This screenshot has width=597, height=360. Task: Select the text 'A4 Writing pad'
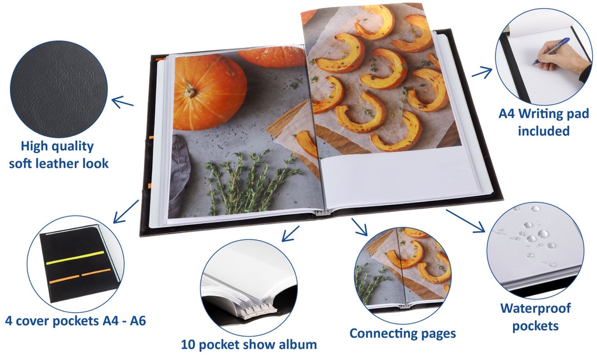pyautogui.click(x=544, y=114)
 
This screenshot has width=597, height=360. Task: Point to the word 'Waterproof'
pyautogui.click(x=536, y=308)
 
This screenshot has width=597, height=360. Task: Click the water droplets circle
pyautogui.click(x=535, y=250)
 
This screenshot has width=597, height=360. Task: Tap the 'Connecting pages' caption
pyautogui.click(x=402, y=333)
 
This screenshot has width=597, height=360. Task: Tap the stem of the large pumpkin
pyautogui.click(x=189, y=90)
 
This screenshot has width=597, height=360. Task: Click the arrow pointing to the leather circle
pyautogui.click(x=122, y=101)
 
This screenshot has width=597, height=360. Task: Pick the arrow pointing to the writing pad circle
pyautogui.click(x=482, y=72)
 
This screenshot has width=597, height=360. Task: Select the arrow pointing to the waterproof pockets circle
pyautogui.click(x=466, y=221)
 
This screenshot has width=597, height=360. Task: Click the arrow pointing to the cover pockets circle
pyautogui.click(x=126, y=211)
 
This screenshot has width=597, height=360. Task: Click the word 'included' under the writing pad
pyautogui.click(x=543, y=131)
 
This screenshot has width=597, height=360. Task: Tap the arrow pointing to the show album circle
pyautogui.click(x=290, y=234)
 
